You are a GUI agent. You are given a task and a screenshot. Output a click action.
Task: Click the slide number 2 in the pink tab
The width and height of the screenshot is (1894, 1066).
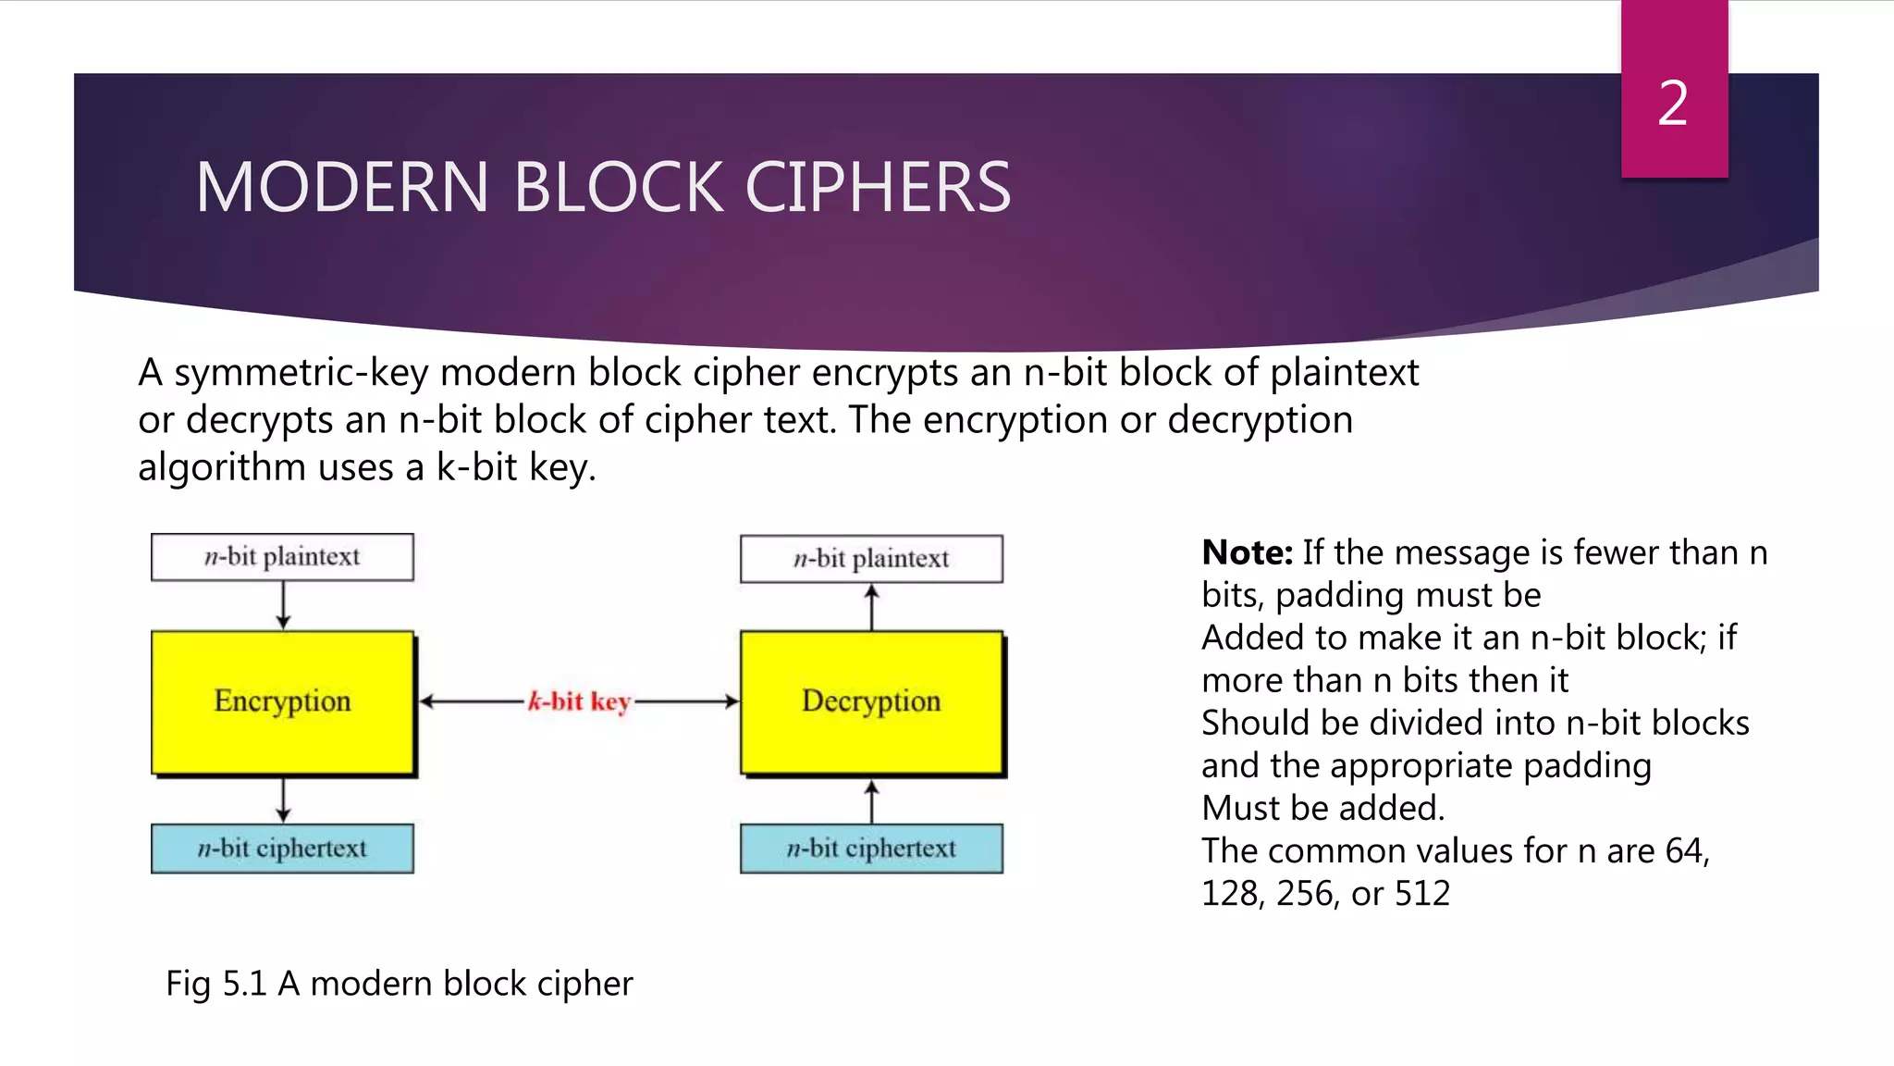coord(1673,103)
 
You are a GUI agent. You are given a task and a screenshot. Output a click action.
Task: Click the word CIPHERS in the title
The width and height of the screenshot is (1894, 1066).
coord(878,188)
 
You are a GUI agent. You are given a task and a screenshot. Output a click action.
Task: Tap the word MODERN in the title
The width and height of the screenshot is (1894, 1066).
coord(341,188)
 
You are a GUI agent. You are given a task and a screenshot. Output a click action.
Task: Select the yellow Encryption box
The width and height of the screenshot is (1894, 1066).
coord(282,701)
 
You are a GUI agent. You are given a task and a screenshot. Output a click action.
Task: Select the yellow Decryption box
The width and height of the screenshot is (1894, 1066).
coord(871,701)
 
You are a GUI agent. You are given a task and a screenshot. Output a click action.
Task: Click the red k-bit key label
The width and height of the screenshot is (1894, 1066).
coord(579,701)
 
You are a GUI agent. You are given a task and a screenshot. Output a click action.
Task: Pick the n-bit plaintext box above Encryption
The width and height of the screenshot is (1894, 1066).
coord(282,557)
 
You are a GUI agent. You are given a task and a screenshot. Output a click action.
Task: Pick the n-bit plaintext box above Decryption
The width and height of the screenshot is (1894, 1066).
coord(871,559)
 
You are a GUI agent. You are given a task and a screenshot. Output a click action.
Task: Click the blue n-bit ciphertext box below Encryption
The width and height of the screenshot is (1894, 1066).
coord(282,849)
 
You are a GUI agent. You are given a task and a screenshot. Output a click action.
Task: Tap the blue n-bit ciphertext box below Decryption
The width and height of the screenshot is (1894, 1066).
coord(871,849)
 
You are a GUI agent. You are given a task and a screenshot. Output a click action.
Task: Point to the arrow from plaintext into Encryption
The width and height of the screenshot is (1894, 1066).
coord(283,606)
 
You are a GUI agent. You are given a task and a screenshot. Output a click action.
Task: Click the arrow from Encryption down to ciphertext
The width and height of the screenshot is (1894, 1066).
coord(283,800)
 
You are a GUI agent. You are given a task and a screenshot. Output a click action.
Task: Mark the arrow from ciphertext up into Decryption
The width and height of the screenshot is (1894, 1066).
coord(871,801)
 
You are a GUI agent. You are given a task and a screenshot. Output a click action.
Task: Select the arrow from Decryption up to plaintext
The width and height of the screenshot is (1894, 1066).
coord(871,607)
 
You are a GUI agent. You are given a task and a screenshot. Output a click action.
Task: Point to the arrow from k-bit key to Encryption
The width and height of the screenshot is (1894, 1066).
coord(472,701)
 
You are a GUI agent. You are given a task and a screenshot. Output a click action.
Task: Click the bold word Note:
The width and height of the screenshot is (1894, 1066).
coord(1247,552)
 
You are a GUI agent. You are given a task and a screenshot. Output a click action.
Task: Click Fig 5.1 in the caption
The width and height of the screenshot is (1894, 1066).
coord(216,983)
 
